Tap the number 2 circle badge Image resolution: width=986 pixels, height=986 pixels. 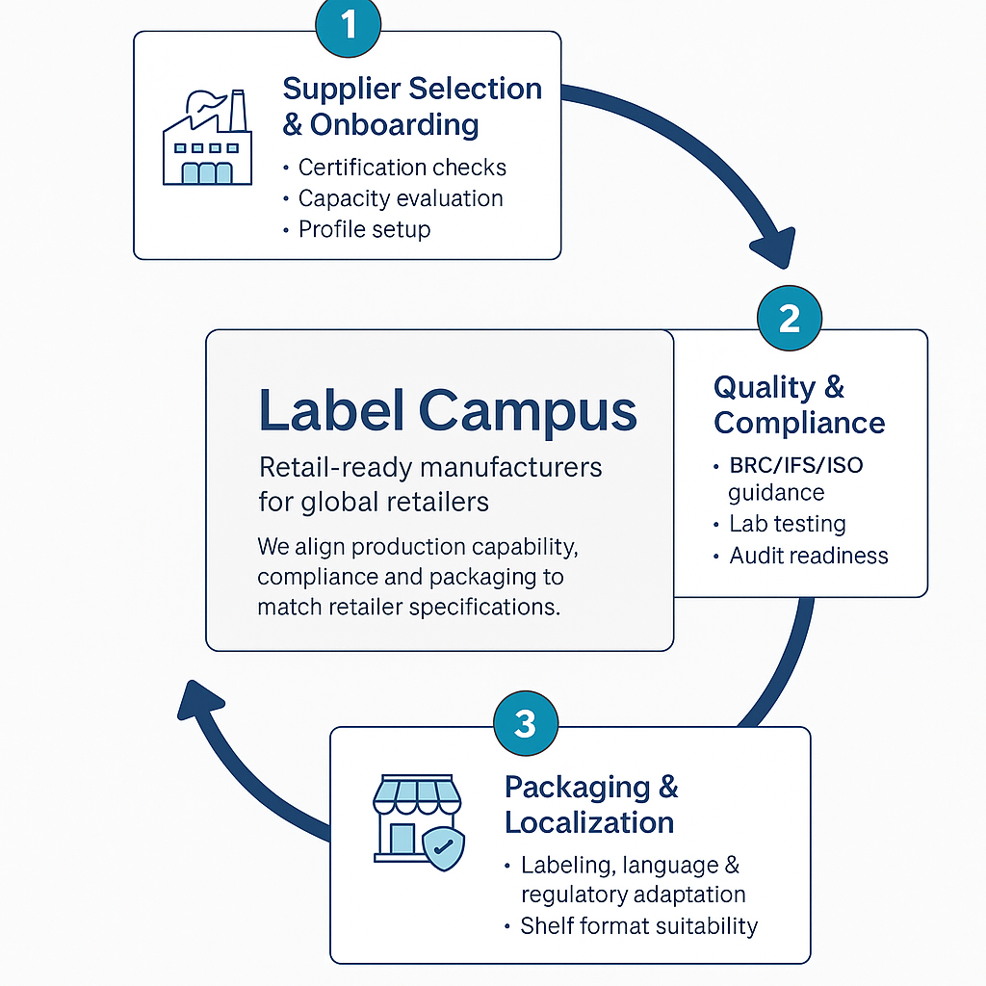pyautogui.click(x=790, y=319)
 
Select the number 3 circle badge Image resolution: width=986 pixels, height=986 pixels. pyautogui.click(x=525, y=723)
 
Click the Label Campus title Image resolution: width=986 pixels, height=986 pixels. pyautogui.click(x=448, y=411)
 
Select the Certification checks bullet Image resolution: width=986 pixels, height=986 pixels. pyautogui.click(x=402, y=168)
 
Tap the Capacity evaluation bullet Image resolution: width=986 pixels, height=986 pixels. pyautogui.click(x=400, y=198)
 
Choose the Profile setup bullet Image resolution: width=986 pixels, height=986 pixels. pyautogui.click(x=364, y=229)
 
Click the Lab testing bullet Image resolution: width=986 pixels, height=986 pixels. pyautogui.click(x=787, y=525)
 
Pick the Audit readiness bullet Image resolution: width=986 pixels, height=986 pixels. pyautogui.click(x=808, y=556)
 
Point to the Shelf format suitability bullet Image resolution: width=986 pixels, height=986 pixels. pyautogui.click(x=638, y=926)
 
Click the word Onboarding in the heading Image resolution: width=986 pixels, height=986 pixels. pyautogui.click(x=393, y=125)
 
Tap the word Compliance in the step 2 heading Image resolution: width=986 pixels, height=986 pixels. pyautogui.click(x=799, y=423)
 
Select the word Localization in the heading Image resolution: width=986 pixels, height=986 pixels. pyautogui.click(x=589, y=822)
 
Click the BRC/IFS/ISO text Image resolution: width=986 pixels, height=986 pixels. pyautogui.click(x=795, y=466)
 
